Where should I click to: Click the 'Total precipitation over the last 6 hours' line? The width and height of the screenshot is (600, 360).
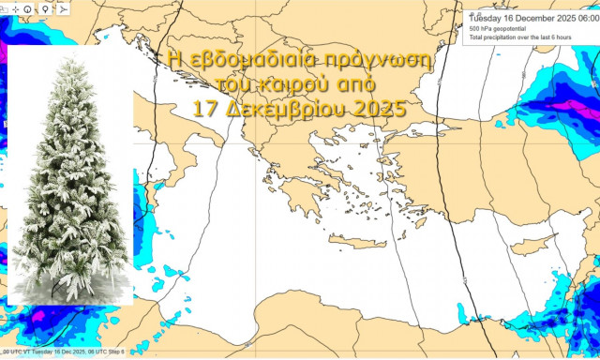[x=521, y=39]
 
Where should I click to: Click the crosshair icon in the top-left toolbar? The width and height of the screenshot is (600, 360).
[x=16, y=9]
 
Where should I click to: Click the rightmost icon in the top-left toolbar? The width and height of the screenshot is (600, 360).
[x=62, y=9]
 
